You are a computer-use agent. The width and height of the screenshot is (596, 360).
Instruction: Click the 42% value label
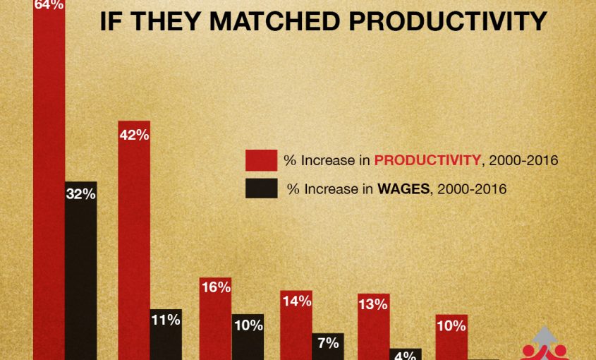pos(134,136)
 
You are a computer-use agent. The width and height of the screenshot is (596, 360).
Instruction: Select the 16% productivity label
pos(215,287)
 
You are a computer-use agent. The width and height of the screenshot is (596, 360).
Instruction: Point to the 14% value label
pos(296,301)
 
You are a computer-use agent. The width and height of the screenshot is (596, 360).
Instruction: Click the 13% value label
pos(373,304)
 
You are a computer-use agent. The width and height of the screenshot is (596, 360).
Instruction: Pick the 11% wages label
pos(166,319)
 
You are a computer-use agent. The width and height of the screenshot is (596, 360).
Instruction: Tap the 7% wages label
pos(328,343)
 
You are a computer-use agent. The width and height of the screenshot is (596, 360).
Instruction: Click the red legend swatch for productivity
pos(260,160)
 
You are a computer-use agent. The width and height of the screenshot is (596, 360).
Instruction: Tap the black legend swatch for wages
pos(260,188)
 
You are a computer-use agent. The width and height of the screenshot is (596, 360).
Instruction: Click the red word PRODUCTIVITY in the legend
pos(427,160)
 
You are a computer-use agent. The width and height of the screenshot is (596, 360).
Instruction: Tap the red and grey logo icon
pos(544,344)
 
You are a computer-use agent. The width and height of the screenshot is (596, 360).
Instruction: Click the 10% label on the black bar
pos(248,325)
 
